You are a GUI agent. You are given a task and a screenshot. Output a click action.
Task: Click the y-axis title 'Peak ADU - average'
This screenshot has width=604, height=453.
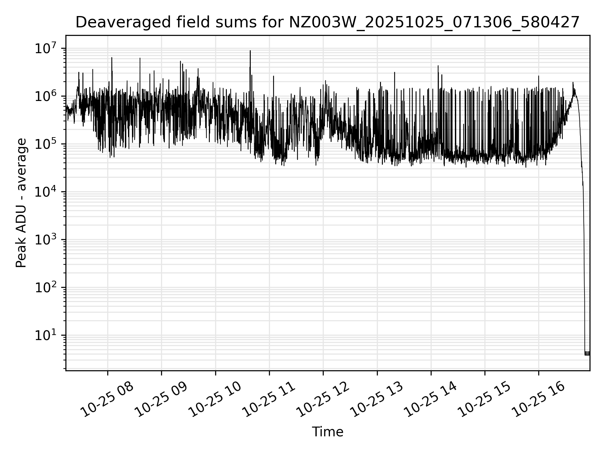[x=21, y=203]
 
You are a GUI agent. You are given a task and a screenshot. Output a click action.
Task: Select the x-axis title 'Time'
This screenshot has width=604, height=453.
[x=327, y=432]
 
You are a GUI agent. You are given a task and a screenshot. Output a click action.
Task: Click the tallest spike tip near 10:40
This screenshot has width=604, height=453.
[x=250, y=51]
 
